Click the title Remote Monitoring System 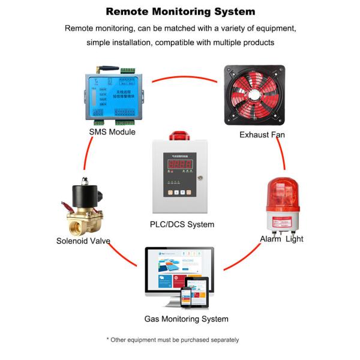180,11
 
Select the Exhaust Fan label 262,134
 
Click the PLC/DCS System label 181,224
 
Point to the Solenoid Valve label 83,241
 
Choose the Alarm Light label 281,239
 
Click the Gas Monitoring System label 186,319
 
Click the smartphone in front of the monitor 187,296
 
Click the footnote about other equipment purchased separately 173,340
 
